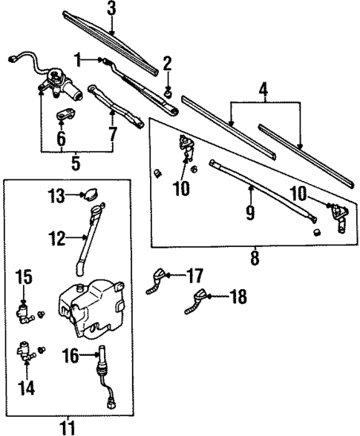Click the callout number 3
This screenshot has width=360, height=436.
click(111, 9)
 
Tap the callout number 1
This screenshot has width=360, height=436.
click(76, 59)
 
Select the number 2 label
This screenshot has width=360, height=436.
click(168, 62)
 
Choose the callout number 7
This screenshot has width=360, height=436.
click(112, 135)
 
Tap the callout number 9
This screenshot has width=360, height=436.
click(250, 214)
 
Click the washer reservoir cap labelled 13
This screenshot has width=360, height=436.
click(91, 195)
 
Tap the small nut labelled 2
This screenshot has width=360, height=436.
click(168, 93)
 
